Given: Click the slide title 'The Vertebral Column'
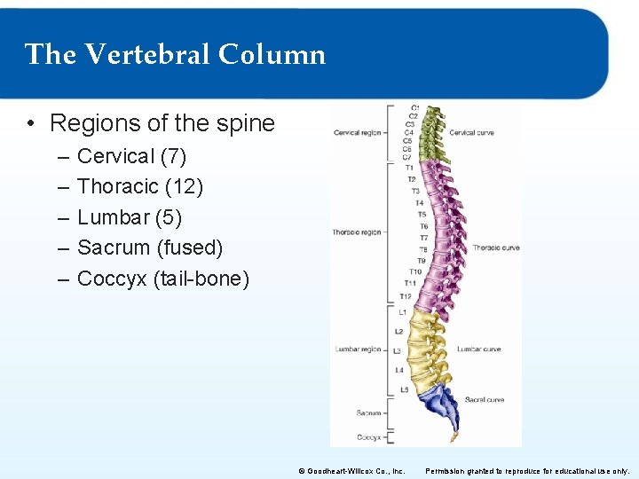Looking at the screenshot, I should [x=175, y=55].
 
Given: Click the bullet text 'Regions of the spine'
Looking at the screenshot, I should [x=162, y=122].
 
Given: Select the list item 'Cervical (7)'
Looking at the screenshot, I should [x=131, y=156].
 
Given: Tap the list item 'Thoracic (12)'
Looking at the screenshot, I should [x=140, y=186].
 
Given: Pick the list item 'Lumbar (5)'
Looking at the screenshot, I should [x=130, y=217].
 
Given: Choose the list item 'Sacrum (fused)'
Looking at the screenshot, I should [x=150, y=247].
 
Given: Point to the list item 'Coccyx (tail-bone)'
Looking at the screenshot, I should [x=163, y=279].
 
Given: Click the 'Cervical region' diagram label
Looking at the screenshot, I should [x=357, y=133].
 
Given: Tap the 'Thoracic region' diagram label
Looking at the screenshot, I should [x=357, y=232].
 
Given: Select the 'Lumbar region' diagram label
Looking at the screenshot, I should [x=358, y=349].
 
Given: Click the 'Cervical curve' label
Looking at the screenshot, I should [x=471, y=133].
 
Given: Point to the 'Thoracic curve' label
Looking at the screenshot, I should [x=496, y=247].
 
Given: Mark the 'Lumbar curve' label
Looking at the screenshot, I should [x=479, y=349].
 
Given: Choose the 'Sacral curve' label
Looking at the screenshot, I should [x=485, y=400].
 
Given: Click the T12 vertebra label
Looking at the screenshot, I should [x=406, y=296].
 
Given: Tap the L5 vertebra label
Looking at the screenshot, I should [x=404, y=389].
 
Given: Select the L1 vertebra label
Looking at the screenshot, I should [x=402, y=312].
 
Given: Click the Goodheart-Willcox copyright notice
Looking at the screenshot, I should [x=351, y=471].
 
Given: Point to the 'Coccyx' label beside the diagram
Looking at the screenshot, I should [x=368, y=437].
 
